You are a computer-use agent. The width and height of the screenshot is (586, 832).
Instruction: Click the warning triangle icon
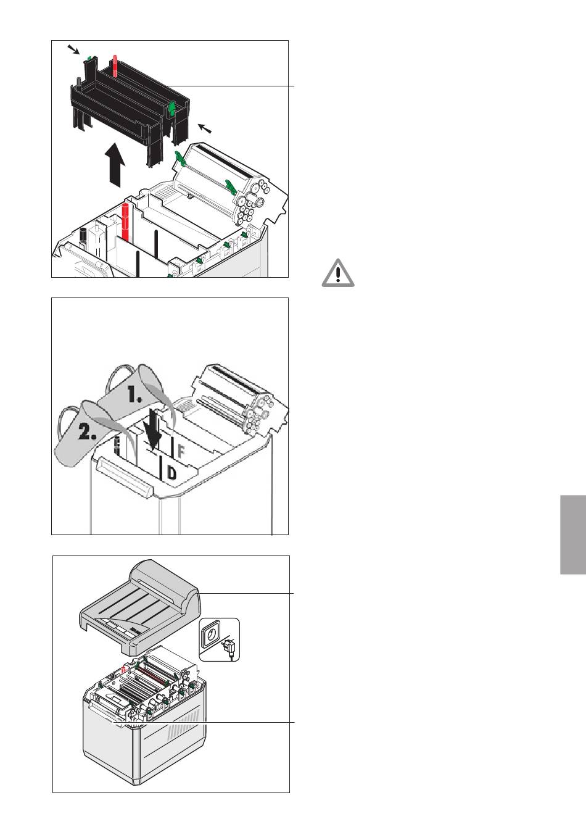(x=337, y=273)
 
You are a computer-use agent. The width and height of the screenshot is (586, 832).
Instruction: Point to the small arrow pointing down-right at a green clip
(x=73, y=49)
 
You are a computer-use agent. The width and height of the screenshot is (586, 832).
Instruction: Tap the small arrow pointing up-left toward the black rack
(x=205, y=128)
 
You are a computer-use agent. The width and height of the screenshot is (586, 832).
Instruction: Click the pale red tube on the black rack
(x=115, y=66)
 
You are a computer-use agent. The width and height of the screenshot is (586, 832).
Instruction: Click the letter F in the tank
(x=181, y=451)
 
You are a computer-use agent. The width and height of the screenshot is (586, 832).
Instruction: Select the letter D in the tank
(x=172, y=473)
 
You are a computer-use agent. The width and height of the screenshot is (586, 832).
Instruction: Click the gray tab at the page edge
(x=573, y=535)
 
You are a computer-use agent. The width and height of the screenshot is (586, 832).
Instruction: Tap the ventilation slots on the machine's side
(x=183, y=722)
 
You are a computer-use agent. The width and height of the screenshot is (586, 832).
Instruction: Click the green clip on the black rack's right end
(x=172, y=108)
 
